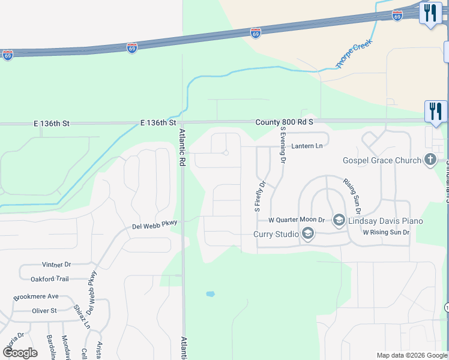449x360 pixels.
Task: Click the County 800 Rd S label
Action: coord(284,122)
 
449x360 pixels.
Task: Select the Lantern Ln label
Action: coord(307,146)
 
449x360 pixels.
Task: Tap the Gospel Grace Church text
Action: coord(381,160)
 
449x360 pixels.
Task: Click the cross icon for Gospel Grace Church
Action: coord(430,160)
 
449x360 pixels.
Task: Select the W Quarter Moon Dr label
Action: coord(297,221)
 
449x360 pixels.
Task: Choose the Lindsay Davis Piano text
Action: coord(386,221)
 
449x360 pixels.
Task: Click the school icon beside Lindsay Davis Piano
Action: coord(338,221)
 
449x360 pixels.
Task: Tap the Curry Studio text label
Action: coord(276,233)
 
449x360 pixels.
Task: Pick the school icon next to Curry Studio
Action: coord(308,233)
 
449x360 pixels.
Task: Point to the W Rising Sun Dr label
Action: coord(385,232)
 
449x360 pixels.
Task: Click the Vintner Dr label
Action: coord(56,264)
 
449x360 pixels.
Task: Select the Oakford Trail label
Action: coord(49,278)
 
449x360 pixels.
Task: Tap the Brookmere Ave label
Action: coord(36,296)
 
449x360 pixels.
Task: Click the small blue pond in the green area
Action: coord(210,294)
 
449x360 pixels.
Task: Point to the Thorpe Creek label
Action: coord(354,53)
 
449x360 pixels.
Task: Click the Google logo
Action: coord(20,353)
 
